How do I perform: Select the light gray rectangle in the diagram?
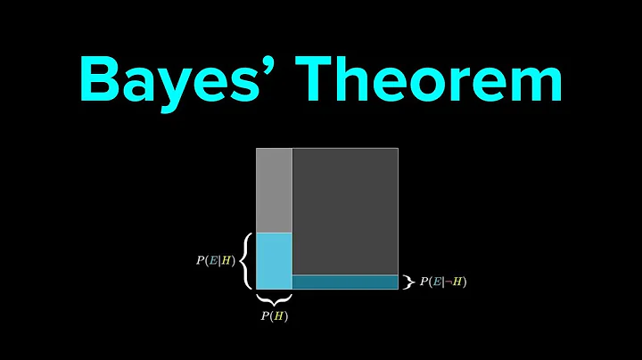tap(274, 190)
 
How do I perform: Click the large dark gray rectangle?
tap(344, 211)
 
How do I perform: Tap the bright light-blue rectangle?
tap(274, 260)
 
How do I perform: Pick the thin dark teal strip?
tap(344, 282)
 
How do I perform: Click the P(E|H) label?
tap(215, 261)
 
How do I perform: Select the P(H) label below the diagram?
tap(274, 315)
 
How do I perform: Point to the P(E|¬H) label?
tap(443, 282)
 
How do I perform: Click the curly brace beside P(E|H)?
tap(244, 260)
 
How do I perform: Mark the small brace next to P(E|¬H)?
tap(409, 282)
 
